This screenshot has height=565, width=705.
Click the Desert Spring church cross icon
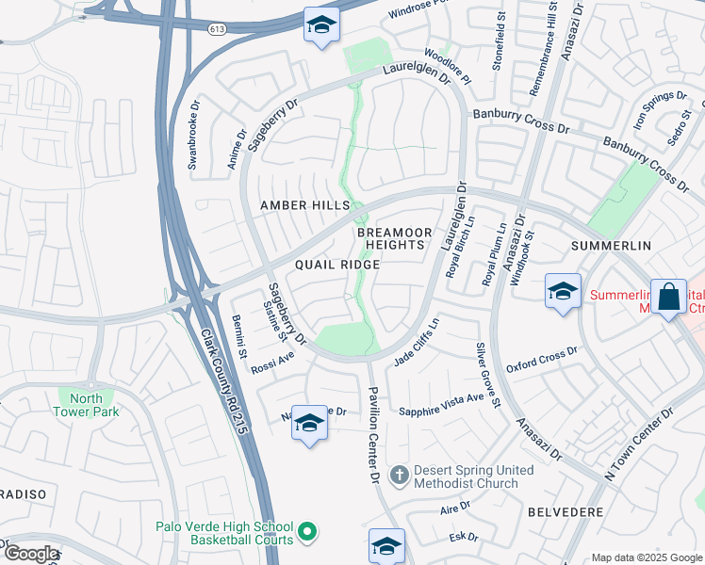[399, 475]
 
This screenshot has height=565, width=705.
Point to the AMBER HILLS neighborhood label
[304, 205]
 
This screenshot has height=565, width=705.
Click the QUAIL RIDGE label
[336, 265]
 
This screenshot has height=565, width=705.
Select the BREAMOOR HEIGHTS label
[395, 238]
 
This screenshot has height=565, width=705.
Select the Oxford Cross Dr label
[541, 360]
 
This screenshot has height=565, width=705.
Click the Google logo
[31, 554]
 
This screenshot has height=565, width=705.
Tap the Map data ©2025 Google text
[646, 557]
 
